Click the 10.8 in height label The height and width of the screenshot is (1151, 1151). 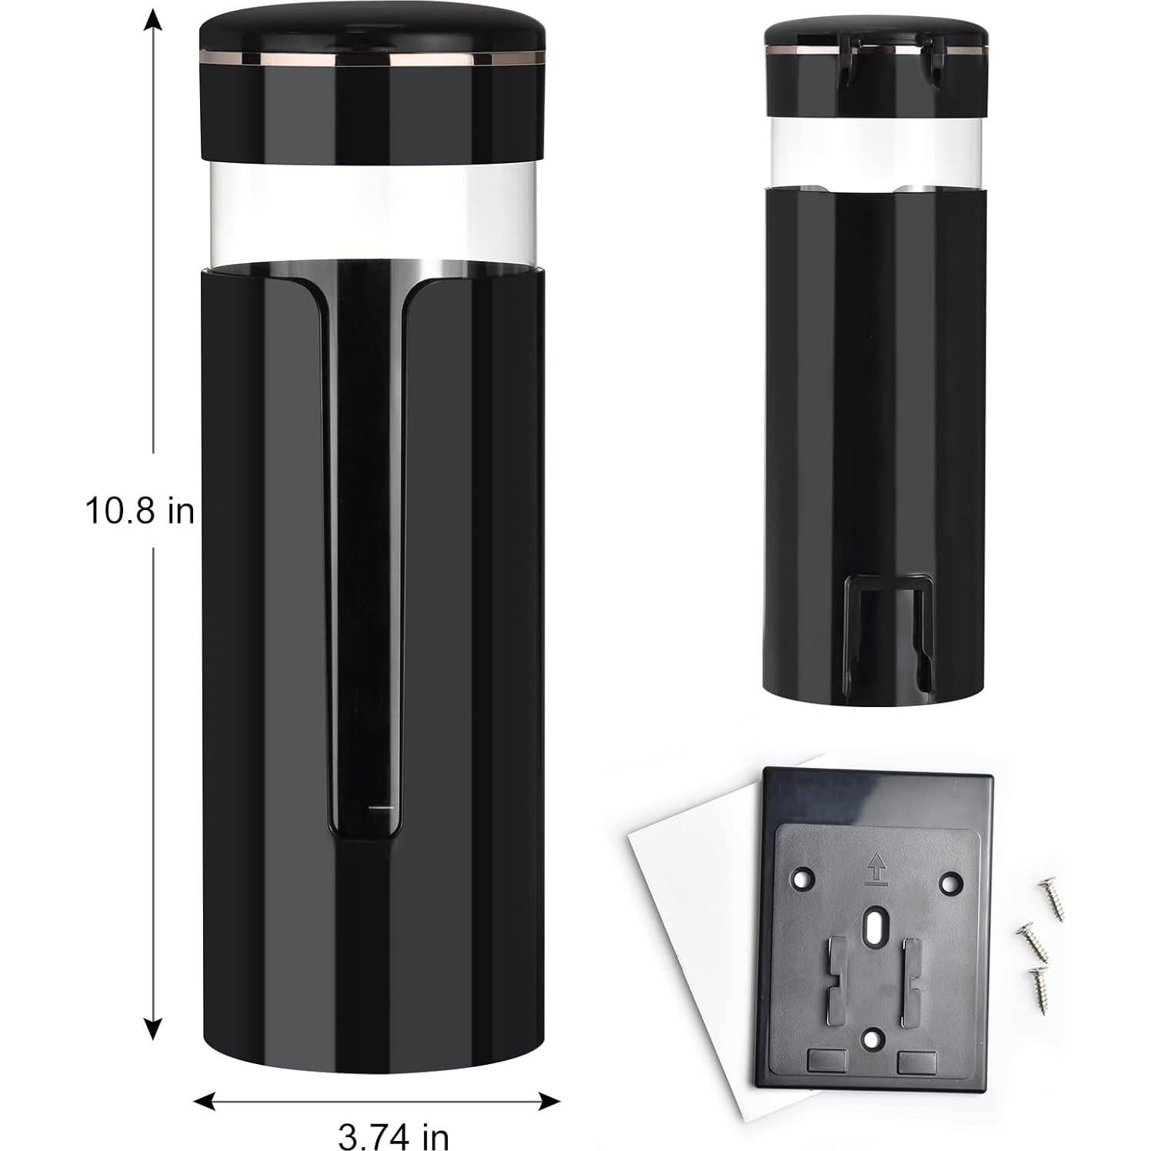tap(139, 511)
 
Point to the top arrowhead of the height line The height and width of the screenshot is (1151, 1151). tap(154, 20)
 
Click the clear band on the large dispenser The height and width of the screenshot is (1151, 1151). tap(372, 223)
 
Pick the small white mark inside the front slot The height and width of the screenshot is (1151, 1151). tap(380, 808)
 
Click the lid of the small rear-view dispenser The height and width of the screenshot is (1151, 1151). tap(876, 38)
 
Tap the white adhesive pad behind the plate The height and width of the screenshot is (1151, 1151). tap(677, 962)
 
